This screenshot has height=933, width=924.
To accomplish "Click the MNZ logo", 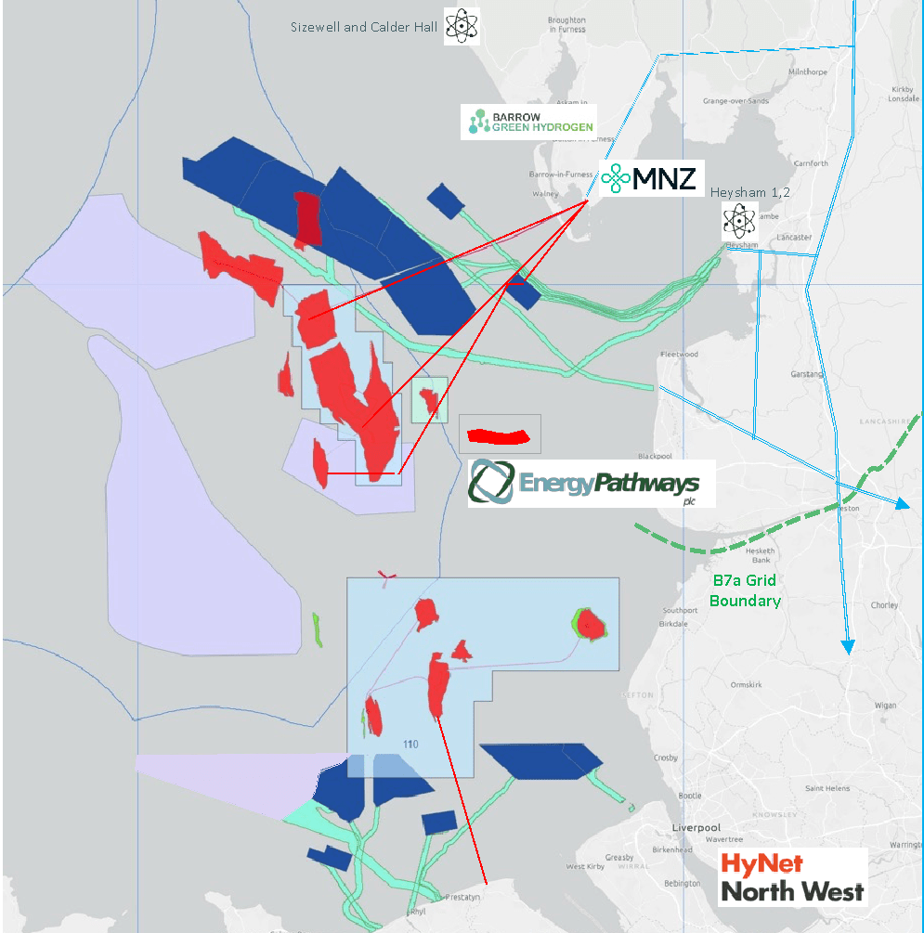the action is [649, 177].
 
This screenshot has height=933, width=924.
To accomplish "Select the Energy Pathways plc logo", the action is [591, 484].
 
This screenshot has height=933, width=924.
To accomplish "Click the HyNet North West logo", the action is [792, 877].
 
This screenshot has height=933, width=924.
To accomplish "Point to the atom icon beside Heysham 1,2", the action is [741, 221].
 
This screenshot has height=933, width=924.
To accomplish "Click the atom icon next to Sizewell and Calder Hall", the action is [462, 26].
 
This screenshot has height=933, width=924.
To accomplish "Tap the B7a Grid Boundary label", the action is [745, 590].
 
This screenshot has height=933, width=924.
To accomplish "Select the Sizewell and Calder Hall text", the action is [363, 27].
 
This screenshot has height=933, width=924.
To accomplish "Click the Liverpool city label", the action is [696, 827].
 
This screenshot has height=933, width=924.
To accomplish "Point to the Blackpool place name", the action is [655, 456].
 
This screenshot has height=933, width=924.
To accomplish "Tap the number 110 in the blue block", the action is [411, 745].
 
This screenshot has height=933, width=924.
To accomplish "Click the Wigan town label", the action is [885, 706].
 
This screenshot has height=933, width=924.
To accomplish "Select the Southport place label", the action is [680, 610].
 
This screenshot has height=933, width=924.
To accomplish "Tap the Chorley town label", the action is [884, 605].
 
